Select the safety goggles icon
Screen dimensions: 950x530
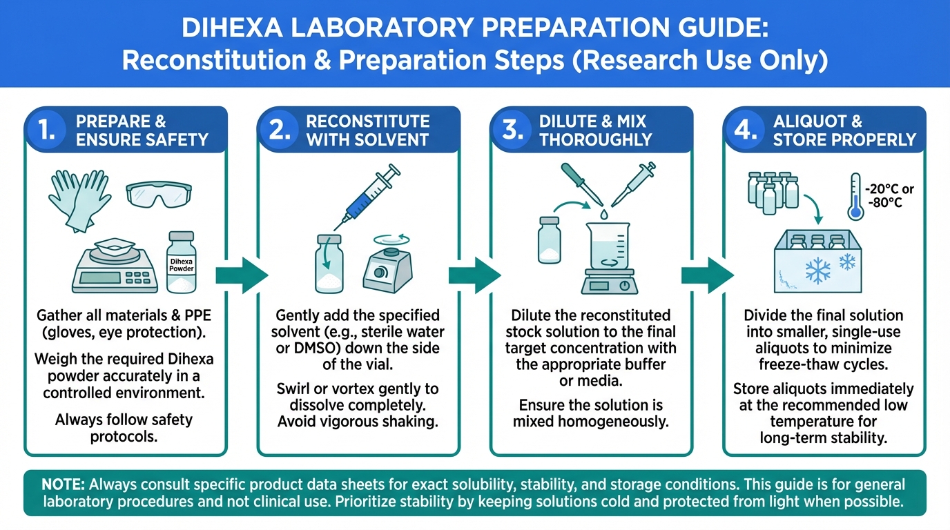pyautogui.click(x=159, y=194)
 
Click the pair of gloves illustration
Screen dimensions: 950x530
pyautogui.click(x=79, y=200)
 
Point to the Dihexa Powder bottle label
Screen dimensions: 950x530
pyautogui.click(x=182, y=265)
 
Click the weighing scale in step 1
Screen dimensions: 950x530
pyautogui.click(x=115, y=266)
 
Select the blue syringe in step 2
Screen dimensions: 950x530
pyautogui.click(x=367, y=197)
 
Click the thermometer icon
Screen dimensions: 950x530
pyautogui.click(x=855, y=197)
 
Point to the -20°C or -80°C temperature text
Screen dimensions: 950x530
pyautogui.click(x=889, y=195)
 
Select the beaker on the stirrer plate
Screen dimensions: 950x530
pyautogui.click(x=608, y=246)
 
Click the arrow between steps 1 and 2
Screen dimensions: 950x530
pyautogui.click(x=242, y=275)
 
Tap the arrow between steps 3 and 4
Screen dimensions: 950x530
pyautogui.click(x=708, y=275)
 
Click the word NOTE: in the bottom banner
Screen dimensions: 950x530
pyautogui.click(x=63, y=484)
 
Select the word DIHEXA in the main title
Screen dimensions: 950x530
pyautogui.click(x=232, y=28)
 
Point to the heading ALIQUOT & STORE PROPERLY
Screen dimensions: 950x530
pyautogui.click(x=844, y=130)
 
